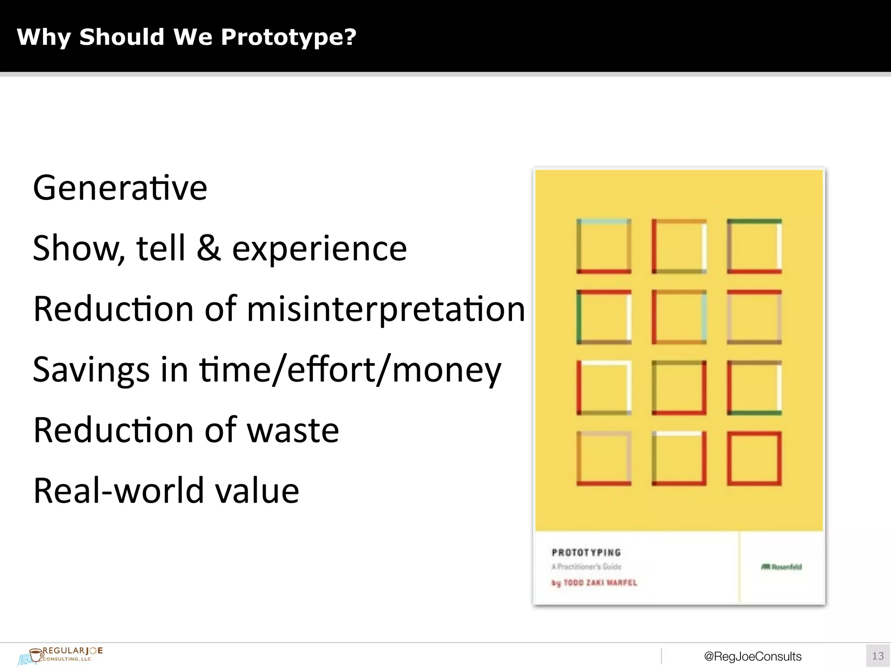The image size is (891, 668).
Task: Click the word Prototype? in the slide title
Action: tap(288, 37)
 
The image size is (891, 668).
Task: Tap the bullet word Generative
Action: tap(120, 188)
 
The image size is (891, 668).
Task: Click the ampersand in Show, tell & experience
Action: tap(208, 248)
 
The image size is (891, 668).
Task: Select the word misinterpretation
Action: tap(386, 309)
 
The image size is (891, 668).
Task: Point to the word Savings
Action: tap(91, 370)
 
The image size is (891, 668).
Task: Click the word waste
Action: tap(293, 430)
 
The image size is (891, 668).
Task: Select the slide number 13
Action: tap(878, 656)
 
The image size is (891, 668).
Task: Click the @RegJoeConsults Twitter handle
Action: tap(753, 656)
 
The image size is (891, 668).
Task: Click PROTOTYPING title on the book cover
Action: tap(586, 552)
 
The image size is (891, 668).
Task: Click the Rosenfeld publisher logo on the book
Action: tap(781, 567)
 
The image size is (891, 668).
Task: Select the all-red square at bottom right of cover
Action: tap(754, 458)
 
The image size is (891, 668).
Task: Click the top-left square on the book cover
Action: tap(604, 246)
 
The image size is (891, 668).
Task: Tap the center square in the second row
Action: tap(679, 317)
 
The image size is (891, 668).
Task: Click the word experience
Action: tap(319, 249)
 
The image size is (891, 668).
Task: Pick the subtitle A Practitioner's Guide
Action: tap(586, 567)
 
